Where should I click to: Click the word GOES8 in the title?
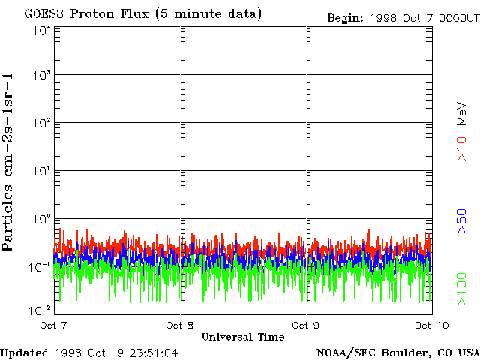42,14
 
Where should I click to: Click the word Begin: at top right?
346,17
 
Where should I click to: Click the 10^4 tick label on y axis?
40,30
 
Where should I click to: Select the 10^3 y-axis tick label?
40,76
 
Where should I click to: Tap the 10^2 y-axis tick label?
40,123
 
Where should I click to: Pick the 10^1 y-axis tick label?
40,171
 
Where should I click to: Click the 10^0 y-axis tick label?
40,219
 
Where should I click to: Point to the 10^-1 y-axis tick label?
39,267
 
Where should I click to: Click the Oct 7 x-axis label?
54,325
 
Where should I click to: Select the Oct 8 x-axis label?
180,325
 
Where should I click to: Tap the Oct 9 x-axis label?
306,325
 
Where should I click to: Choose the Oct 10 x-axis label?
430,325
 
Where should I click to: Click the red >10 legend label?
463,149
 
